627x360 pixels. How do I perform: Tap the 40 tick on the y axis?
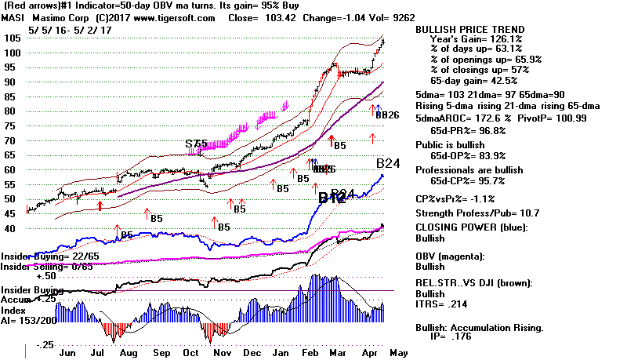coord(11,229)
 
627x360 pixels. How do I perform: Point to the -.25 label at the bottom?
coord(26,345)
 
